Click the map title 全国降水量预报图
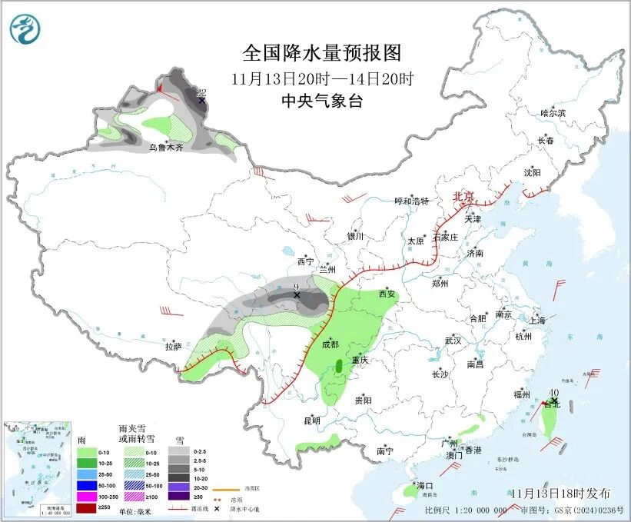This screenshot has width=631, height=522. [322, 53]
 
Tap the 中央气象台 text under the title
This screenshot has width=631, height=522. [322, 101]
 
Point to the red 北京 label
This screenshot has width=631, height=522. [464, 196]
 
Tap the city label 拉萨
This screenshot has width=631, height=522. [173, 347]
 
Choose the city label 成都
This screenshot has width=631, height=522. [330, 344]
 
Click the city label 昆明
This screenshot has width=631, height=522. [311, 421]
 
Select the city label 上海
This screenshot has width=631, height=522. [537, 320]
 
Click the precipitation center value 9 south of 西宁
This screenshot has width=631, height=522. [296, 288]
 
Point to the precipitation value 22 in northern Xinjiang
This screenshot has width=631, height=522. [201, 91]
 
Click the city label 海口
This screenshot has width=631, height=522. [425, 486]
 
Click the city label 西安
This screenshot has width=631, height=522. [388, 294]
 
